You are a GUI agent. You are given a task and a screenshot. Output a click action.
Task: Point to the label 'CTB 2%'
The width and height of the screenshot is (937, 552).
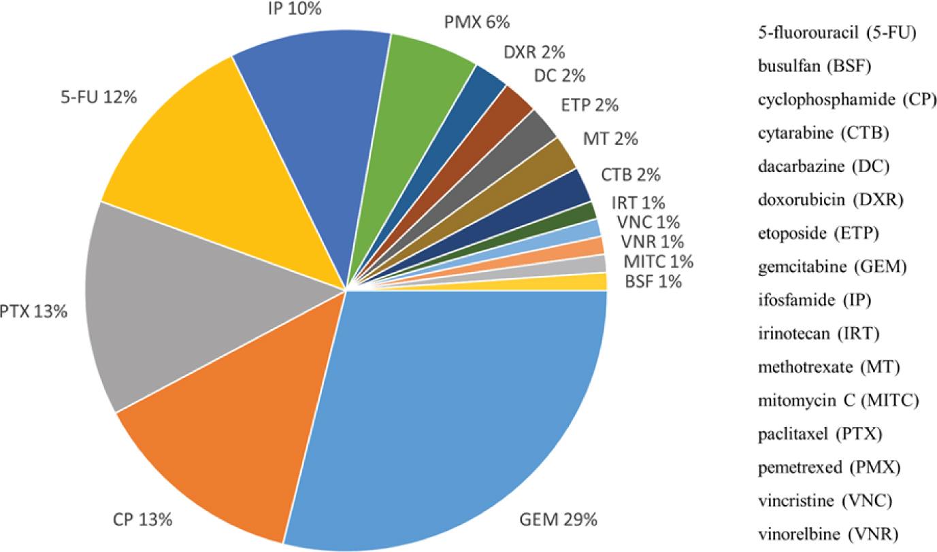click(x=630, y=175)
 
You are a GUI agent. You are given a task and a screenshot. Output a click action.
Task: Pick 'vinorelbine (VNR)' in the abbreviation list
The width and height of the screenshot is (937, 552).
click(x=827, y=533)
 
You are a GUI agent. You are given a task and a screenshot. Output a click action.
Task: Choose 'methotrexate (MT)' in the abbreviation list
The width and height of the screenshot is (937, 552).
click(x=829, y=367)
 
